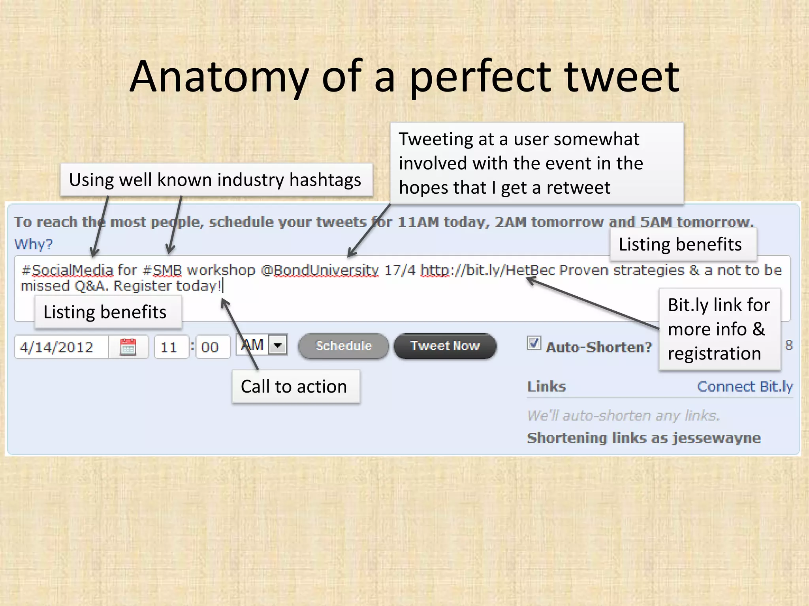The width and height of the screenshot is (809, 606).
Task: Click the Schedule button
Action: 343,346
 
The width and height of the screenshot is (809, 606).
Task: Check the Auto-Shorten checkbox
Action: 534,343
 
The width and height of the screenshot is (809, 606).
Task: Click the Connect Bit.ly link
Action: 745,387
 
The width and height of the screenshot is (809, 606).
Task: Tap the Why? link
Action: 33,244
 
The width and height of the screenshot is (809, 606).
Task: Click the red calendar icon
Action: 128,347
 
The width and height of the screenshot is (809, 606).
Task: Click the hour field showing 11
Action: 170,347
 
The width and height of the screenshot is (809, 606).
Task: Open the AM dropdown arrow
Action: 278,345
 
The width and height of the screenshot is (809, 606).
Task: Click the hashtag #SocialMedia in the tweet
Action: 67,270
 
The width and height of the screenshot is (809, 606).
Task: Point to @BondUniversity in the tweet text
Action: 320,270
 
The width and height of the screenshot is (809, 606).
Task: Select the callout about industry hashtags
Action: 216,180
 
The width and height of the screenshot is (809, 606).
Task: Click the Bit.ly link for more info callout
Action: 719,329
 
